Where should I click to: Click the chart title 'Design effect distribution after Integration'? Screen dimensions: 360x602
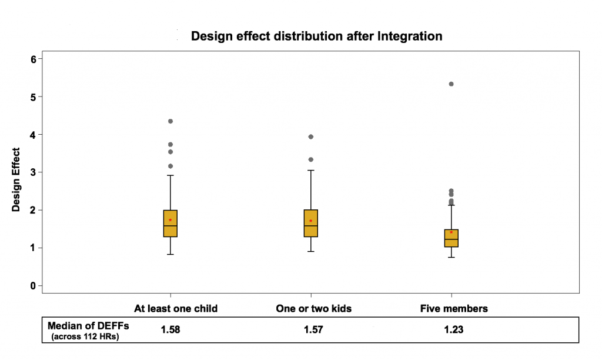tap(316, 36)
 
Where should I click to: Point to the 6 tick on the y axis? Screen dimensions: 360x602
tap(34, 59)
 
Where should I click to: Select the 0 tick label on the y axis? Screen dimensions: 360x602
tap(34, 286)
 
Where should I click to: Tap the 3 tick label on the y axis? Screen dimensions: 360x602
tap(34, 172)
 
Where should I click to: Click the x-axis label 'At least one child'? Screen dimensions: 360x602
tap(176, 308)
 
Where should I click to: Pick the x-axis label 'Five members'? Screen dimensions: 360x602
tap(454, 308)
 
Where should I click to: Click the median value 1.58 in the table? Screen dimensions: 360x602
tap(170, 329)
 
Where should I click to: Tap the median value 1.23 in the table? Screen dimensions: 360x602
tap(453, 329)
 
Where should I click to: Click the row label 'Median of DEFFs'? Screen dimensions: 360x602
tap(88, 326)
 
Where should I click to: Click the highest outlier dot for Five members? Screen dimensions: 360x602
tap(451, 84)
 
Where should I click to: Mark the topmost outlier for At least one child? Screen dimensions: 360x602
tap(170, 121)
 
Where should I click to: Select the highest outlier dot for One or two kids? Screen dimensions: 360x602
tap(311, 137)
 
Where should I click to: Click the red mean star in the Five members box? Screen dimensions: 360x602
tap(451, 232)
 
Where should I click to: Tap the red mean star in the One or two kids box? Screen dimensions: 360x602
tap(311, 221)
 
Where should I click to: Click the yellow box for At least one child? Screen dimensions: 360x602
tap(170, 224)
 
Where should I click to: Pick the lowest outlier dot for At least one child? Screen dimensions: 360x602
tap(170, 166)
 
